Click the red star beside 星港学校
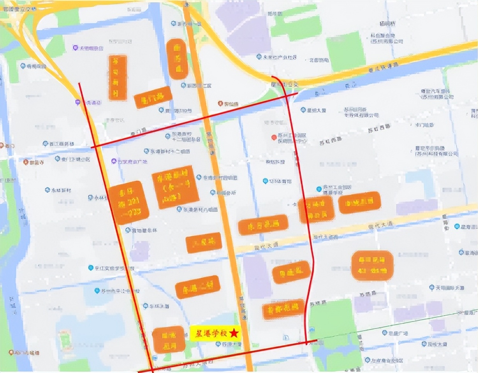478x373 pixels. click(x=234, y=332)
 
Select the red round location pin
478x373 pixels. click(x=274, y=137)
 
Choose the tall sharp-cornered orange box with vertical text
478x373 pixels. click(x=117, y=77)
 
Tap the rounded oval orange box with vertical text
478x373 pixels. click(x=178, y=59)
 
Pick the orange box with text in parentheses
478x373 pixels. click(x=176, y=190)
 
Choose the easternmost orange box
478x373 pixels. click(x=372, y=265)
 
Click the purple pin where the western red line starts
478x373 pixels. click(x=78, y=102)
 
